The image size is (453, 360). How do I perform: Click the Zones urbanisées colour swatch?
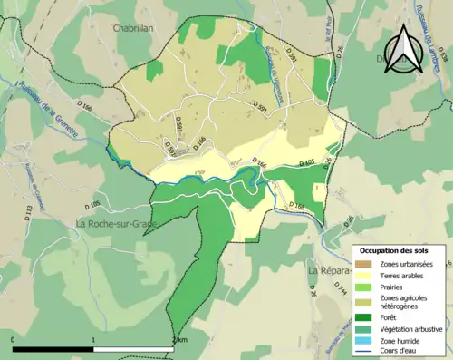tap(367, 263)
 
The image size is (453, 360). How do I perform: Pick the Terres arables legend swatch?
tap(367, 275)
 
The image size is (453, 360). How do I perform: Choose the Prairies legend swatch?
tap(367, 286)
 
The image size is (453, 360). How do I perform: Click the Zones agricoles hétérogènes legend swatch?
tap(367, 300)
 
